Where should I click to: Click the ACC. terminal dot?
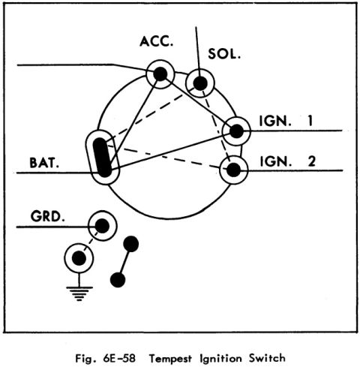click(x=160, y=74)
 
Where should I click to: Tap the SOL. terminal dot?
click(x=200, y=83)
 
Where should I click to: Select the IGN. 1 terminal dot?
click(x=236, y=131)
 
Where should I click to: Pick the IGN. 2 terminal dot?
click(x=234, y=170)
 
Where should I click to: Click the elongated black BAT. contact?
click(x=102, y=158)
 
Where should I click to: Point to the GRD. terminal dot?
click(x=102, y=226)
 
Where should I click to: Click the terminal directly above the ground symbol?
click(x=79, y=258)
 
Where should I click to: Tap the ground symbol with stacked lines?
click(x=79, y=293)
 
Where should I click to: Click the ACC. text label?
click(x=156, y=41)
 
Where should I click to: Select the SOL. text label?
click(x=224, y=54)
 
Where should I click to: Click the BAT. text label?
click(x=44, y=163)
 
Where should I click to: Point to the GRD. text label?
click(x=47, y=216)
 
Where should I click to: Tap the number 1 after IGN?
click(x=310, y=121)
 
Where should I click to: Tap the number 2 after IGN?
click(x=311, y=161)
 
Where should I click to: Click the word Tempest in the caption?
click(x=171, y=359)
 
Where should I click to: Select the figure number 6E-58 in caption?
click(x=119, y=358)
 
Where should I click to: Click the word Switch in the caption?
click(x=267, y=358)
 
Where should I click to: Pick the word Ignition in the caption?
click(x=220, y=359)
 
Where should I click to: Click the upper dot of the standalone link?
click(x=131, y=244)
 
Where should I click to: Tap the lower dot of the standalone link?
click(x=118, y=280)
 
